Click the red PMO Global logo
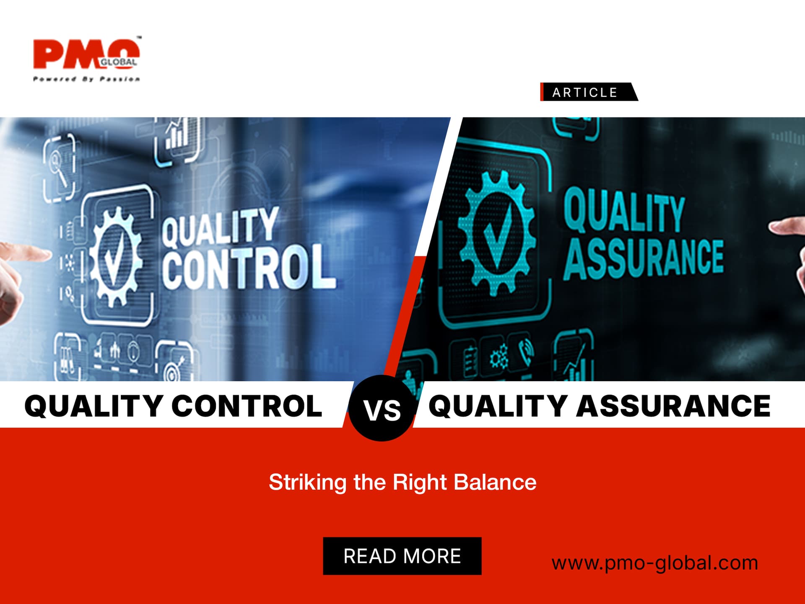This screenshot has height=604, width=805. tap(86, 59)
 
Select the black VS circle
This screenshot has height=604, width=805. tap(382, 408)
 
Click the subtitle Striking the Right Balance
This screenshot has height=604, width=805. tap(402, 482)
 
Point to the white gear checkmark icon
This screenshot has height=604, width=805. tap(114, 257)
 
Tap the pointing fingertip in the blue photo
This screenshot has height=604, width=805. tap(42, 253)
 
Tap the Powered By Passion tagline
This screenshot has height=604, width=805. tap(86, 79)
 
